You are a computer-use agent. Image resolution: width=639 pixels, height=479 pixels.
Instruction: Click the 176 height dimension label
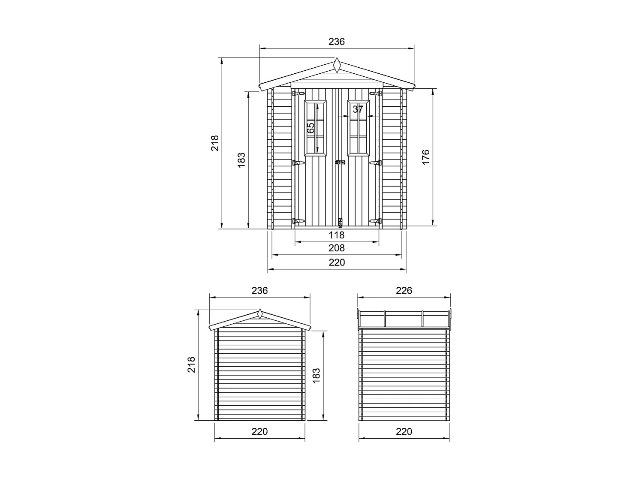(x=425, y=158)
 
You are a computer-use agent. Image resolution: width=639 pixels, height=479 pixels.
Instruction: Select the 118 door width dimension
(x=337, y=235)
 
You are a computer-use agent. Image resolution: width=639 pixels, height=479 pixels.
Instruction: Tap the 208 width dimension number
(x=337, y=248)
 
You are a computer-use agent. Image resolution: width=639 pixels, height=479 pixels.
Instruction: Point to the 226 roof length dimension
(x=404, y=291)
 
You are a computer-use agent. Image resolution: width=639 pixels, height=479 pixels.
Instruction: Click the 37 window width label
(x=358, y=109)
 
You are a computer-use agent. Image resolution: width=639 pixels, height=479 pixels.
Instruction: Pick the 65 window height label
(x=311, y=127)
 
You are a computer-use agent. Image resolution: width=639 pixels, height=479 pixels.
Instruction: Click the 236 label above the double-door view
(x=337, y=42)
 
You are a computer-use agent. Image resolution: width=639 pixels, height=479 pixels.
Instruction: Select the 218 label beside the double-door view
(x=215, y=143)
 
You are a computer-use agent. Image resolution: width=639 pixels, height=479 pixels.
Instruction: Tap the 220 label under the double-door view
(x=337, y=262)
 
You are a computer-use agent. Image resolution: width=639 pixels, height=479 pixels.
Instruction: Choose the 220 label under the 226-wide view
(x=404, y=431)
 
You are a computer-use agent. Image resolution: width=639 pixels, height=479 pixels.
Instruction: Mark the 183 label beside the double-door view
(x=241, y=160)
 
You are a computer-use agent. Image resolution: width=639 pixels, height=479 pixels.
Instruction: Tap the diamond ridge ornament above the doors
(x=338, y=66)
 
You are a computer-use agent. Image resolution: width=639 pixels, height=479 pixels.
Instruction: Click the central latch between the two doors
(x=340, y=163)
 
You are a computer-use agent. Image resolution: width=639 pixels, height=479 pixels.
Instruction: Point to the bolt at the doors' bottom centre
(x=341, y=223)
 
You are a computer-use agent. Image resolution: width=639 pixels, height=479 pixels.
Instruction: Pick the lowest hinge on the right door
(x=376, y=221)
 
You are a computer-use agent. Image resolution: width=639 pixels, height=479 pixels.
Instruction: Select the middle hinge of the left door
(x=297, y=163)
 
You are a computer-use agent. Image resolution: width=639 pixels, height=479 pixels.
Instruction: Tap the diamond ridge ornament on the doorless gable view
(x=259, y=314)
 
